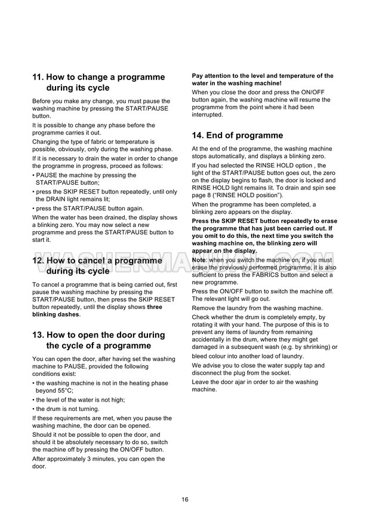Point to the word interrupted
coord(207,115)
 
